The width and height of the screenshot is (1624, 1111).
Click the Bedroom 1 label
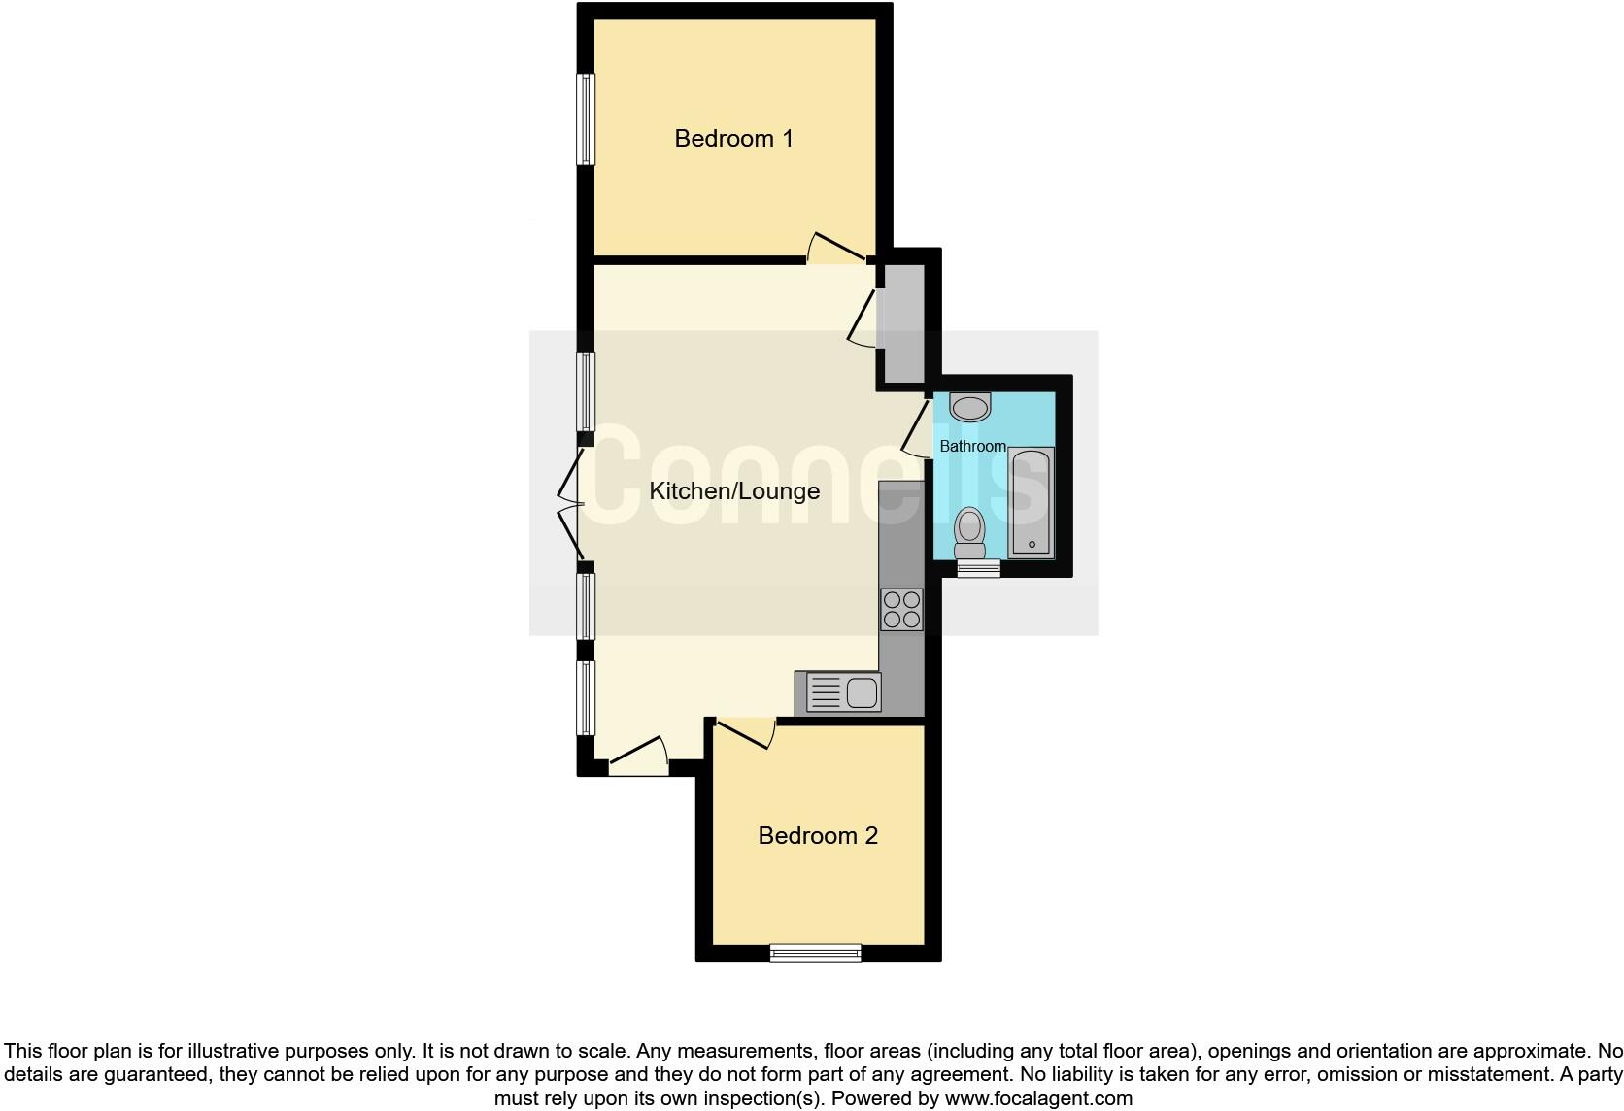point(733,139)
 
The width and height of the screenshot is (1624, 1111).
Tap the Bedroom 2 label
point(818,836)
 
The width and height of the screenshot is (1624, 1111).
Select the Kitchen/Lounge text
point(734,491)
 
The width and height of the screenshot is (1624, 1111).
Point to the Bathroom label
point(972,447)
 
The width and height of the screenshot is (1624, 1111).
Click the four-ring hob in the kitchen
point(900,610)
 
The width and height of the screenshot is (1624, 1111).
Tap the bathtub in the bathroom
point(1031,502)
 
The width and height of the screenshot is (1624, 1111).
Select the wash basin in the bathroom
point(970,406)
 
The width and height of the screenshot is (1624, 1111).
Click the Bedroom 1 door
point(835,249)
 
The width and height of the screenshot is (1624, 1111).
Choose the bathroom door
point(916,429)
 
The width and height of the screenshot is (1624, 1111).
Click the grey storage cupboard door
point(863,317)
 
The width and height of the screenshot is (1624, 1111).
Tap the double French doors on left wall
point(571,505)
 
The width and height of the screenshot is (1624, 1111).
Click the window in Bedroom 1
point(586,119)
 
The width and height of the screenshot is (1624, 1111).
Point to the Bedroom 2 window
point(815,954)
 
